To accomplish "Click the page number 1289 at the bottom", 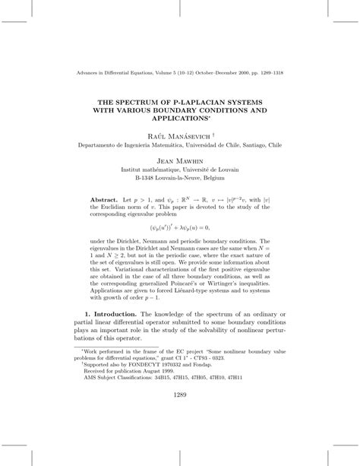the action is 180,416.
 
